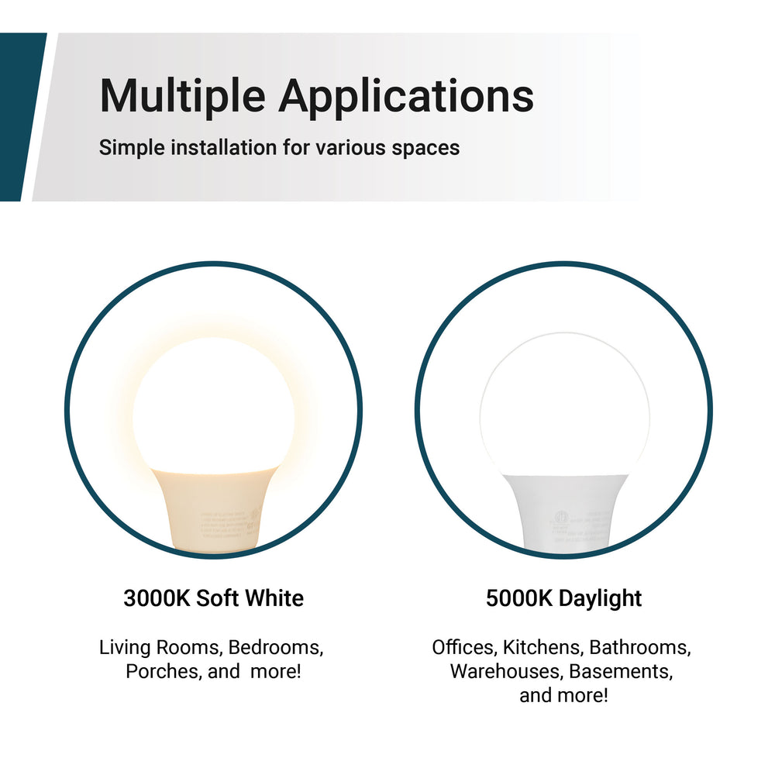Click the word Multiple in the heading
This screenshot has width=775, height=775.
pos(182,97)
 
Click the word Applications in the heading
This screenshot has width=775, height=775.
pos(405,97)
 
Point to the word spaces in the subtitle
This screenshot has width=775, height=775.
pos(425,147)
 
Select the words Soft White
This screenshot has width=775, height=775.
pos(250,598)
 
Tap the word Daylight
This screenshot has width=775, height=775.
pos(601,598)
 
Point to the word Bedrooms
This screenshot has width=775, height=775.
pos(276,647)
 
